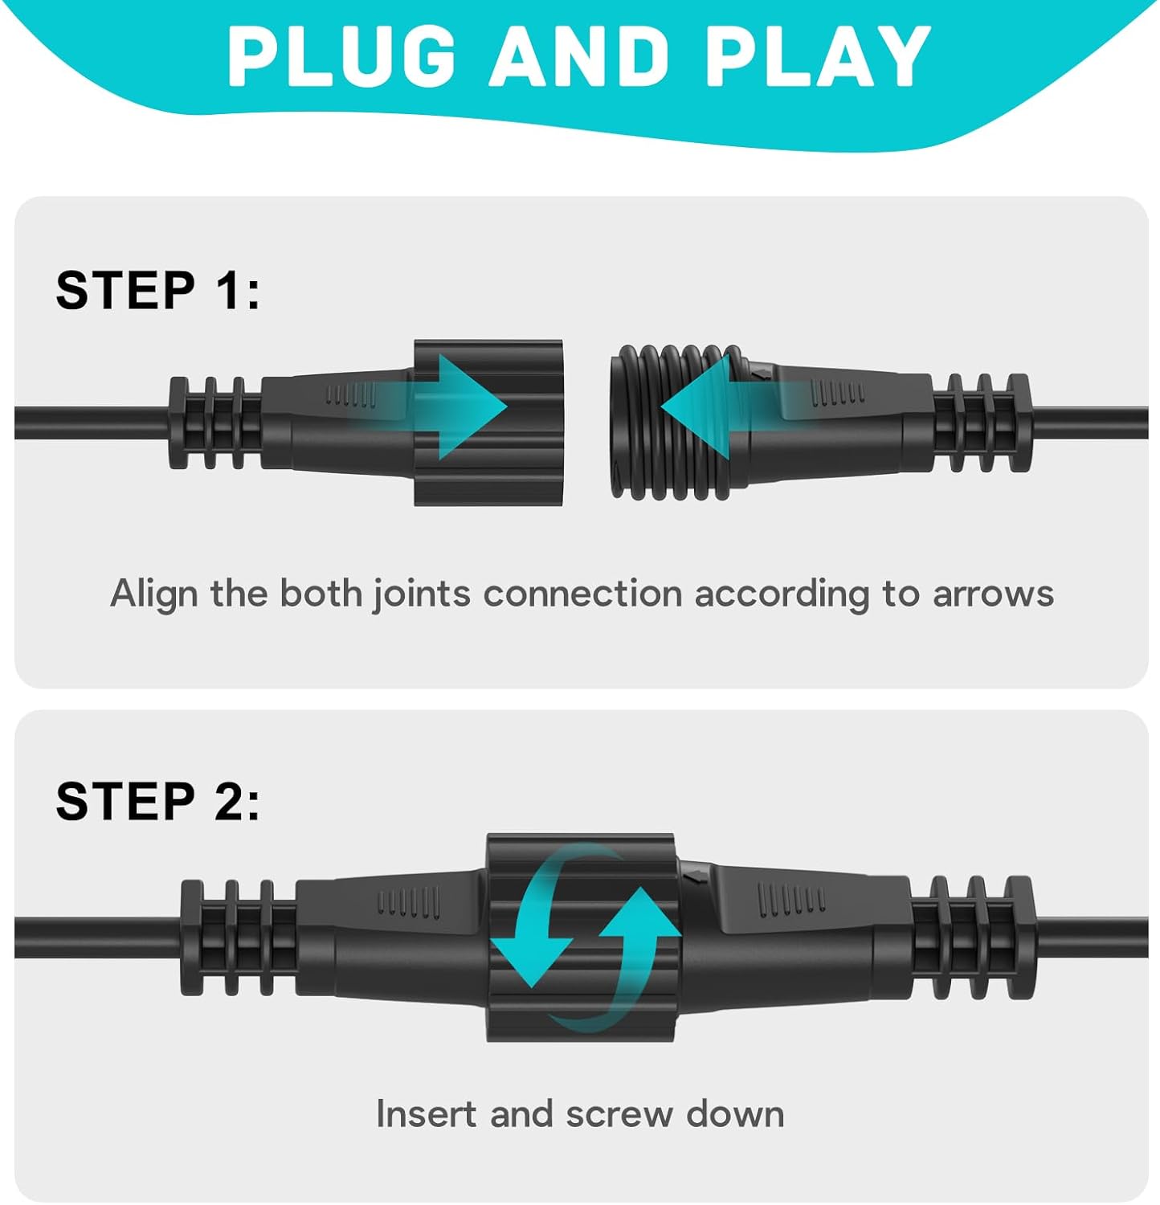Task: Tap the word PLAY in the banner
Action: click(818, 55)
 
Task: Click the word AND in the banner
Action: click(579, 55)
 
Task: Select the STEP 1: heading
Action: click(158, 290)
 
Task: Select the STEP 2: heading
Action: click(158, 801)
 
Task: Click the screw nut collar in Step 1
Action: click(488, 423)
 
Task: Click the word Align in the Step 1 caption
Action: click(153, 595)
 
